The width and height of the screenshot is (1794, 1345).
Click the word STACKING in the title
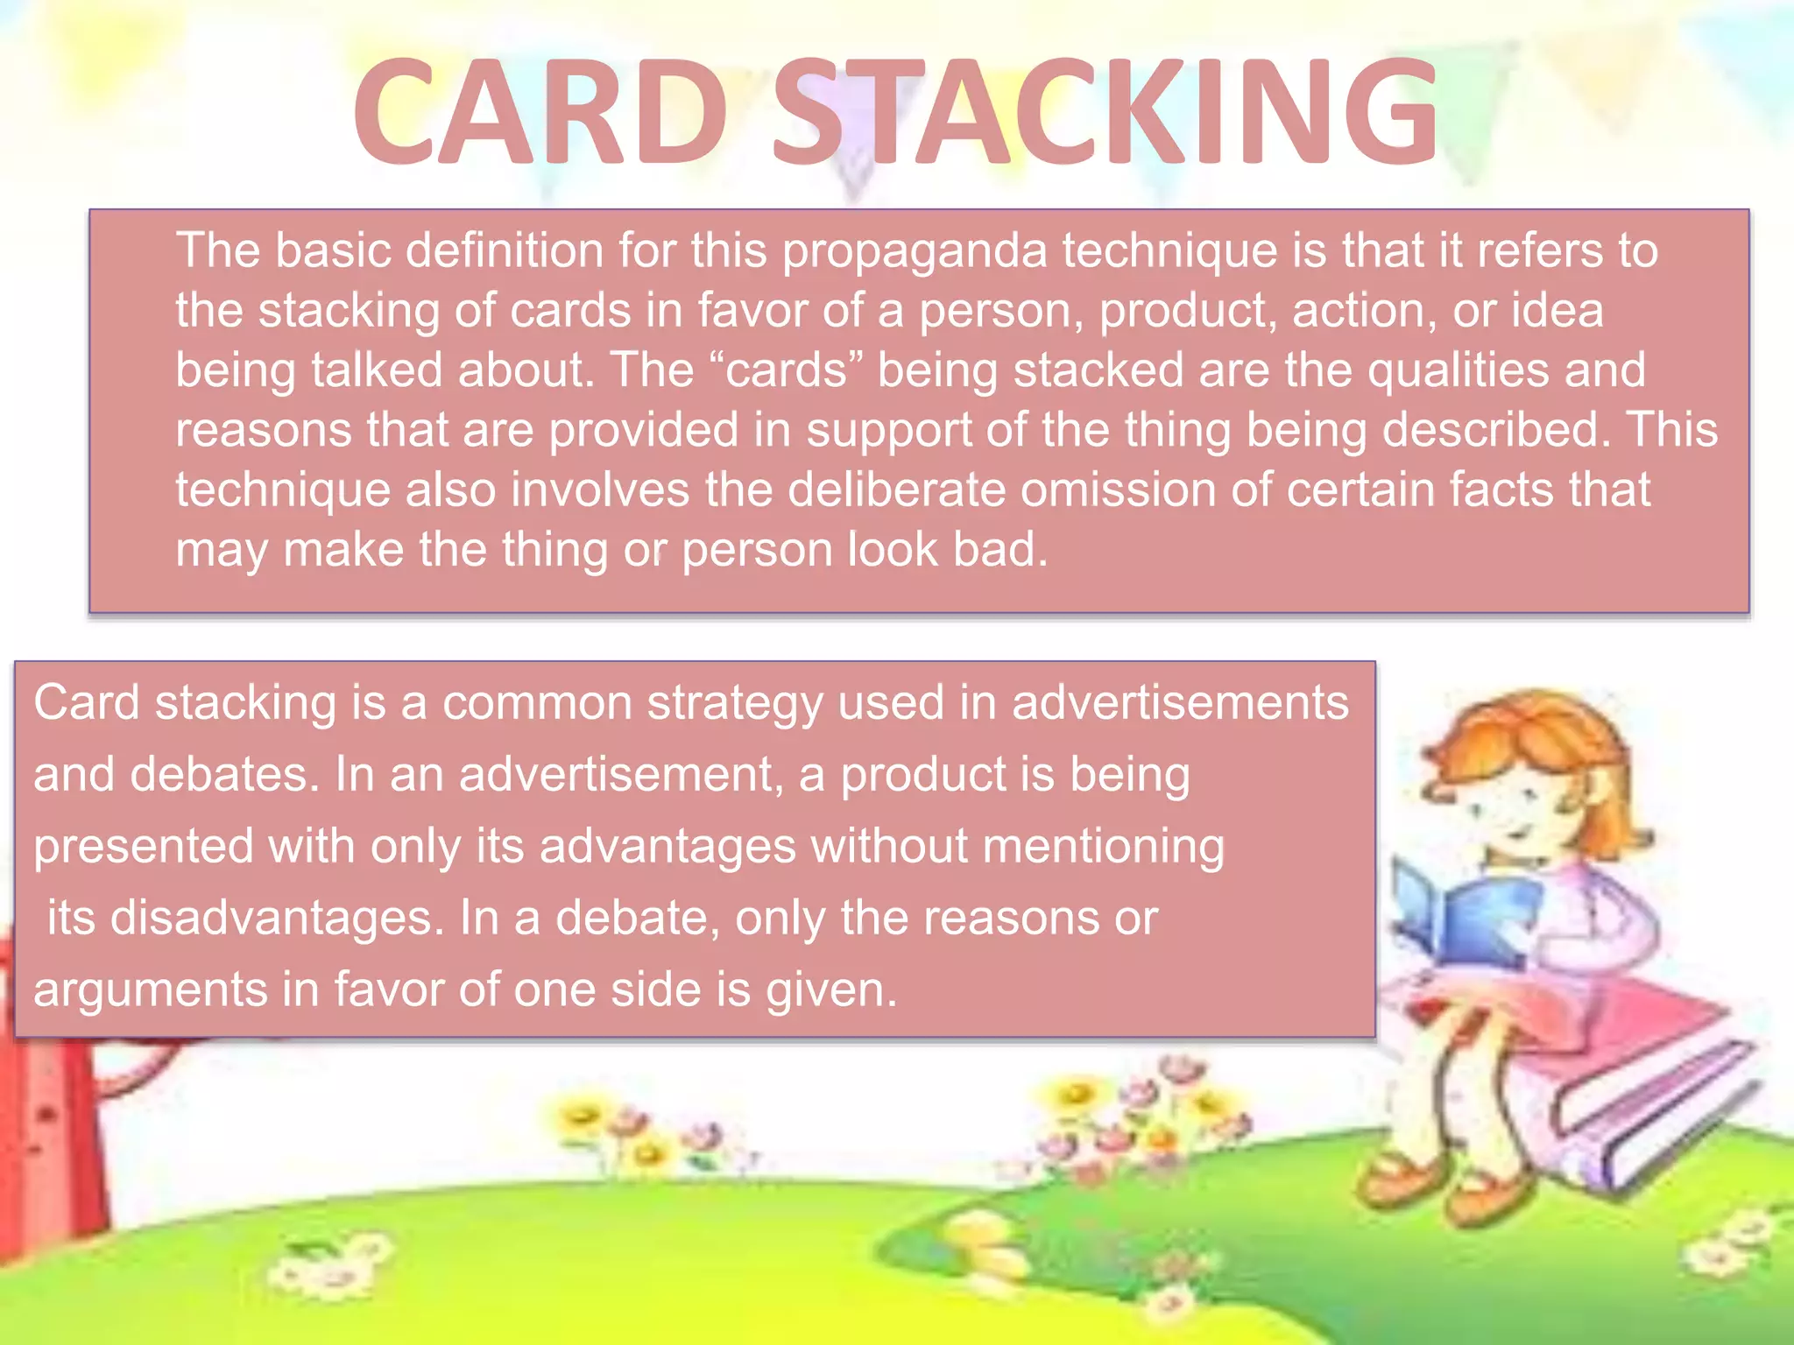point(1105,111)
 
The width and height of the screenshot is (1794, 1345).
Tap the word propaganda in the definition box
point(915,252)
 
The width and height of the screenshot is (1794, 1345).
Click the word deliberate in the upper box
point(896,489)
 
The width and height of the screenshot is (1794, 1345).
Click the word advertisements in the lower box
point(1180,702)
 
